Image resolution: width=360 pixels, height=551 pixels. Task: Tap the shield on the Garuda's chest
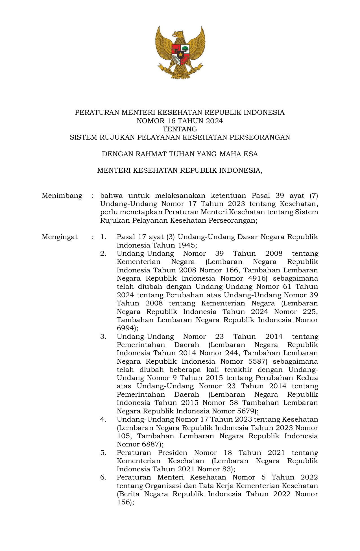pos(180,54)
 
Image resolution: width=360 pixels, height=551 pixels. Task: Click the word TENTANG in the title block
pos(180,129)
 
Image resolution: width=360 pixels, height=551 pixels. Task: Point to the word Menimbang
pos(62,196)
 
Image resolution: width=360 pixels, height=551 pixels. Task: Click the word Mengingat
pos(60,237)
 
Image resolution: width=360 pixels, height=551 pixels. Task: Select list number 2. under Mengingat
pos(103,253)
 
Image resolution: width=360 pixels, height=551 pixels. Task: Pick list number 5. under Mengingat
pos(103,453)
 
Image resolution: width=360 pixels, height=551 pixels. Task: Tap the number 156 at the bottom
pos(123,502)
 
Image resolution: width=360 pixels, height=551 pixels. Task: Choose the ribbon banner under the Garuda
pos(180,74)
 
